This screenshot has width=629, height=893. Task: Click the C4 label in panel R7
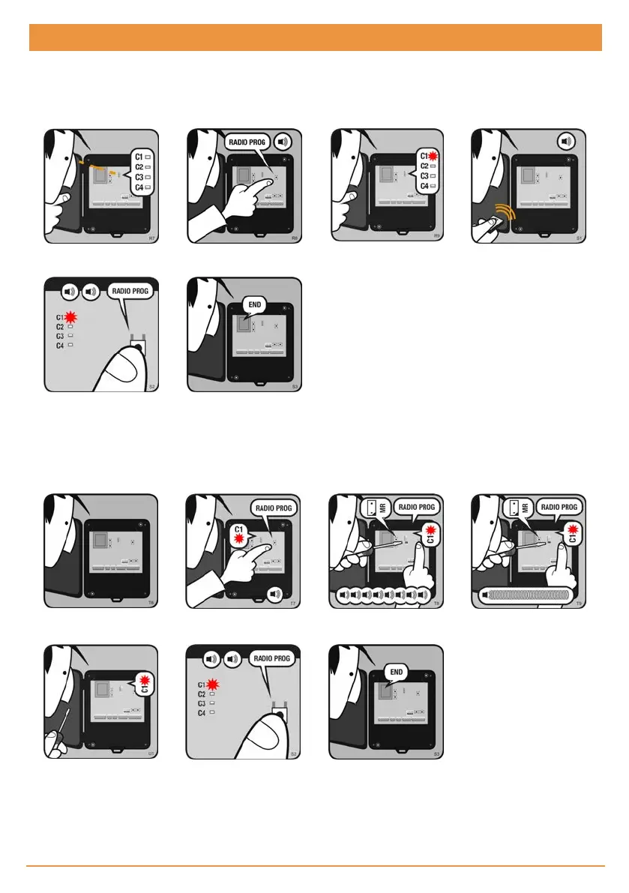point(138,186)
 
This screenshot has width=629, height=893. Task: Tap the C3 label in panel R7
point(138,176)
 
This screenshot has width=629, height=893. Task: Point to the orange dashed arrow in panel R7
point(105,167)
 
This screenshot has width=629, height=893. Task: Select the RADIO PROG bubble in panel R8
point(247,142)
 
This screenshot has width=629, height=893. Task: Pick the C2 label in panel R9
point(424,166)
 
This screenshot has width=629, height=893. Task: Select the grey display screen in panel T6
point(99,541)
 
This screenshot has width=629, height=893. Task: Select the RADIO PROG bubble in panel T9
point(559,507)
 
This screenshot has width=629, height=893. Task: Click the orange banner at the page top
point(315,37)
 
